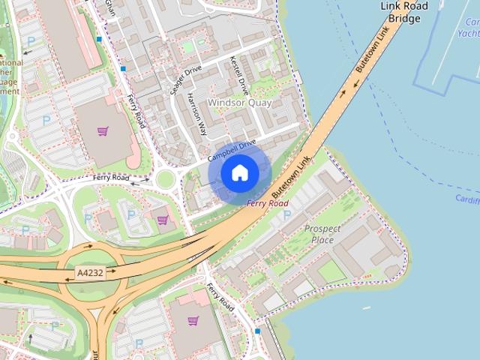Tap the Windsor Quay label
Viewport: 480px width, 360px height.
click(239, 103)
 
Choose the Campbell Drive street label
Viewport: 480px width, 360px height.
click(232, 150)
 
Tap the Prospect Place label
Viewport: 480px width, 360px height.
click(322, 234)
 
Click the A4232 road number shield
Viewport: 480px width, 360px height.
click(90, 274)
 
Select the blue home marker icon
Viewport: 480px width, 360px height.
click(239, 173)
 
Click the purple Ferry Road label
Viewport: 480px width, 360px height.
click(267, 203)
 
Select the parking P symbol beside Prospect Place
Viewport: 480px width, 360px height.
click(287, 215)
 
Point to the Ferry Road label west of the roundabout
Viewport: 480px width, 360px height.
click(110, 178)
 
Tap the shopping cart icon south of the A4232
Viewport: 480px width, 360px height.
click(193, 321)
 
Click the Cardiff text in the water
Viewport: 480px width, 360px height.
click(466, 198)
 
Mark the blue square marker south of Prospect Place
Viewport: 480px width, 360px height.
click(258, 331)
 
